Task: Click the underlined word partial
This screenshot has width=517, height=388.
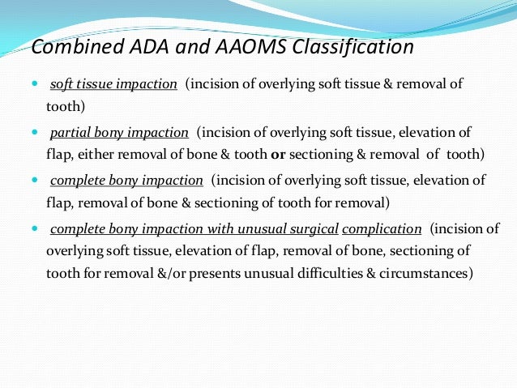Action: [70, 132]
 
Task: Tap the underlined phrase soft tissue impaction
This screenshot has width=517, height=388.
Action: [113, 85]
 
